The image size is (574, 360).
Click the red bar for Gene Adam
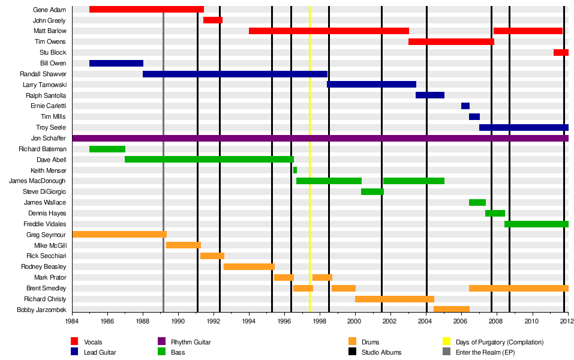click(146, 10)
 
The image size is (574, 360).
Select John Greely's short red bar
click(213, 20)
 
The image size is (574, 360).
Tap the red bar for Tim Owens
click(451, 42)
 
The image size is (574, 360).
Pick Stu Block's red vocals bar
click(561, 53)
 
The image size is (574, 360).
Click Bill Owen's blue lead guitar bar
click(116, 63)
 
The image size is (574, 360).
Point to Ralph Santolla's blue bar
click(430, 95)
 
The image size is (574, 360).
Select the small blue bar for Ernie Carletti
click(465, 106)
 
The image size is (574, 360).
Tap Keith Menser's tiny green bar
click(295, 170)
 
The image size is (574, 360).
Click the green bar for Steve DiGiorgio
click(372, 192)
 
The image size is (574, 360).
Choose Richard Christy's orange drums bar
click(395, 299)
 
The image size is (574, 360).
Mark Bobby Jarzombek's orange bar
click(452, 310)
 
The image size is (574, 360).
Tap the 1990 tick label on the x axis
click(178, 322)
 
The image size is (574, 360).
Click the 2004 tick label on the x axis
click(426, 322)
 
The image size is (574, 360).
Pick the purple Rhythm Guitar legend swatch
click(161, 342)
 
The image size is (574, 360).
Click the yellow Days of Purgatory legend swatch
click(446, 342)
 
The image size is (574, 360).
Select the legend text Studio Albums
click(381, 352)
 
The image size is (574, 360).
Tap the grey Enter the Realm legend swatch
click(446, 352)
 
